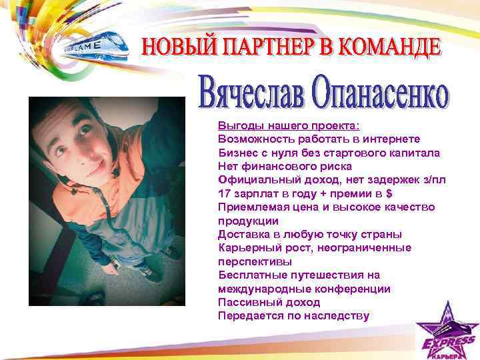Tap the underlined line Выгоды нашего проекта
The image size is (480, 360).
point(279,125)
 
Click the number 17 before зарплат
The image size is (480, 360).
point(224,193)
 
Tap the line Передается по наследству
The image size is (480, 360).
point(293,315)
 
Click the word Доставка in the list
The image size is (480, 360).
point(242,234)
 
